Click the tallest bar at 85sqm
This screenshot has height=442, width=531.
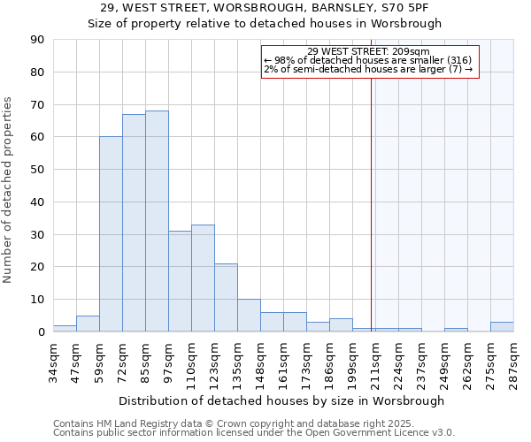[157, 221]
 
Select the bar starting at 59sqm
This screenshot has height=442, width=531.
[111, 234]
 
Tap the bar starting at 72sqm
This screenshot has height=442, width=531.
[134, 223]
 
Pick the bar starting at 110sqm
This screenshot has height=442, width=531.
[203, 278]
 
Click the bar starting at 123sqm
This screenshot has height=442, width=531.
[226, 298]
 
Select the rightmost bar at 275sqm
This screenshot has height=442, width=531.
[502, 327]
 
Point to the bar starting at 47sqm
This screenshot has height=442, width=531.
[88, 324]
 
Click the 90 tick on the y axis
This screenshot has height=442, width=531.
[38, 40]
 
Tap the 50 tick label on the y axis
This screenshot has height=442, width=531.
[38, 170]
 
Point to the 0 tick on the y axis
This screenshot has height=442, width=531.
[42, 331]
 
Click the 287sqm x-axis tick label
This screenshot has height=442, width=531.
[513, 363]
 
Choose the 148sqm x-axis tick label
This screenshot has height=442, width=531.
[260, 363]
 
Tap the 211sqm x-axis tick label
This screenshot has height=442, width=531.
[375, 363]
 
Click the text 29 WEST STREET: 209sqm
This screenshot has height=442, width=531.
[369, 51]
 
